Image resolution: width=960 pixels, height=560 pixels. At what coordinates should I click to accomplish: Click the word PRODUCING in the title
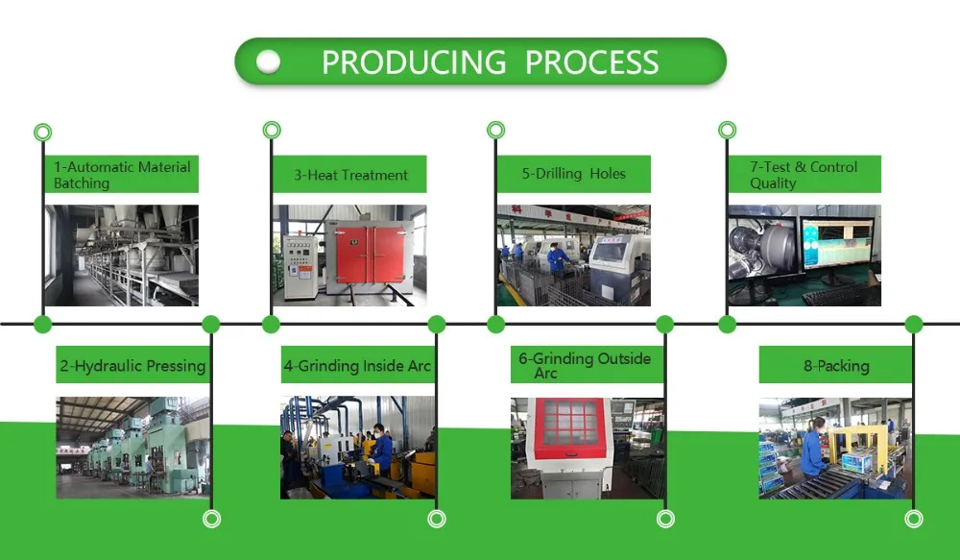coord(414,62)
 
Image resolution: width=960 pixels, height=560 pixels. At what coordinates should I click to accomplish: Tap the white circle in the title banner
coord(268,61)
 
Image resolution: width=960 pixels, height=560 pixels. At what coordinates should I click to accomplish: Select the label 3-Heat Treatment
coord(350,175)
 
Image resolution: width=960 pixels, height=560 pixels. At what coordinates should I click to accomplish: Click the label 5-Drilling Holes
coord(574,174)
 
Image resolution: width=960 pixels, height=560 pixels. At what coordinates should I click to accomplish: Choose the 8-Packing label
coord(836,366)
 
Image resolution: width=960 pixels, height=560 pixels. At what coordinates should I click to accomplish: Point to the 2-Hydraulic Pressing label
coord(132,366)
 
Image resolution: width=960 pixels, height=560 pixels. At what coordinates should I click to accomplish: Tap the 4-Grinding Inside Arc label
coord(357,366)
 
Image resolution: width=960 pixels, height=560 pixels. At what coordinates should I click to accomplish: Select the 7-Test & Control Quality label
coord(804,175)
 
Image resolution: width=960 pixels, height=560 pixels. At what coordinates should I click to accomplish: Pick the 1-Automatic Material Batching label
coord(122,175)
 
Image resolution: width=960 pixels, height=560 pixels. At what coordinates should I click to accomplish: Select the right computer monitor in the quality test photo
coord(837,244)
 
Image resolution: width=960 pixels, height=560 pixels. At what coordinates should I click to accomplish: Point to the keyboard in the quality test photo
coord(840,294)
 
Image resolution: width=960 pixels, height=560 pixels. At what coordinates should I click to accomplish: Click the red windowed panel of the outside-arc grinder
coord(570,427)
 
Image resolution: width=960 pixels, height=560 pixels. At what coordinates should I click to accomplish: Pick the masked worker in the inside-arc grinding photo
coord(380,450)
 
